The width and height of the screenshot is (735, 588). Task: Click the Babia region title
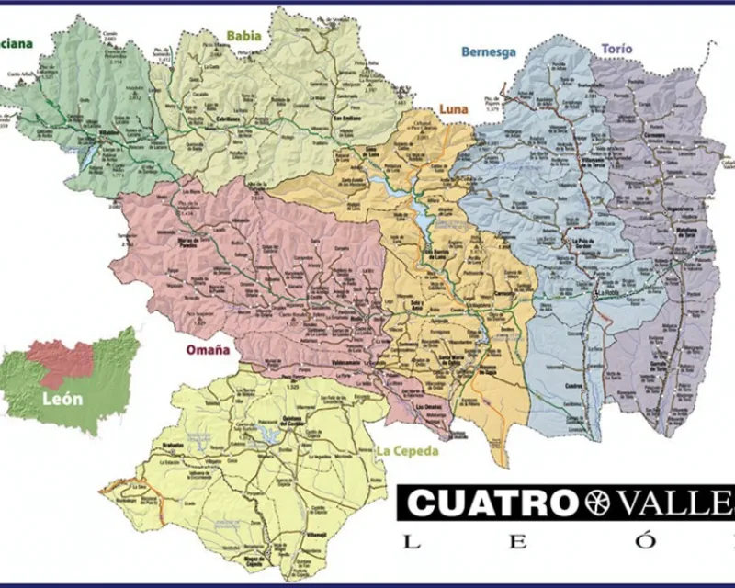point(244,37)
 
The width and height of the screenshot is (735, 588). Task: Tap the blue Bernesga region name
point(488,52)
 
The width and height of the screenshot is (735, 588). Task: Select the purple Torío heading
point(616,49)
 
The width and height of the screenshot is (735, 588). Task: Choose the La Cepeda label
point(408,451)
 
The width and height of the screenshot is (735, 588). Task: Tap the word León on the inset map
point(62,400)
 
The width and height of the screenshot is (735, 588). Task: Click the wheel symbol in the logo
point(595,503)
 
